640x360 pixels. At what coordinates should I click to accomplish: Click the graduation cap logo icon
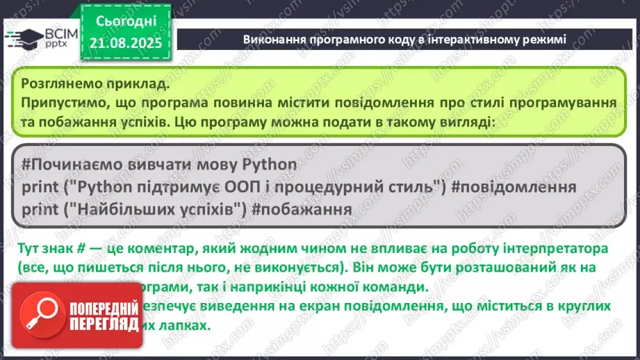point(21,39)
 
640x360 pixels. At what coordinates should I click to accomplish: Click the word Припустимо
point(61,103)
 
